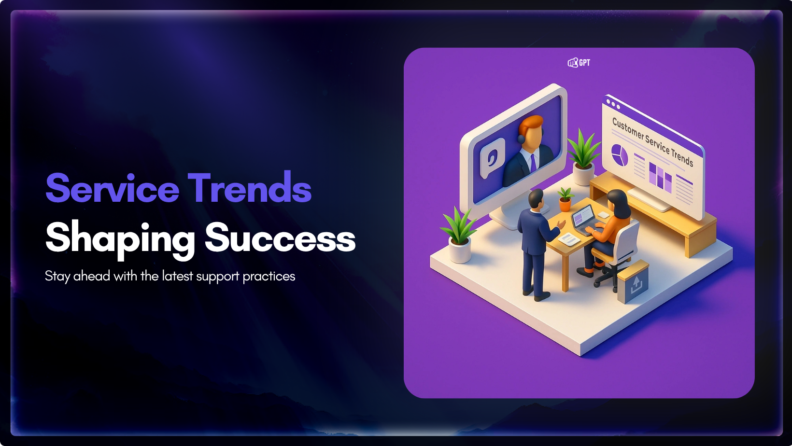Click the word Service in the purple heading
(113, 188)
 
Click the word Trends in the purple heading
(249, 187)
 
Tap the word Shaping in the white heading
(120, 239)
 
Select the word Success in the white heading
(280, 237)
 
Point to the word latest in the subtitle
(178, 276)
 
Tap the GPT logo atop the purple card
(579, 63)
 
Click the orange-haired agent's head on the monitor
(530, 133)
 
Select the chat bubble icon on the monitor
(492, 158)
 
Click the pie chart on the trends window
(620, 155)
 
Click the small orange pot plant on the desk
(565, 200)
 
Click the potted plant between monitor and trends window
(583, 157)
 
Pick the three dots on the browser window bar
(613, 104)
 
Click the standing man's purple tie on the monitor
(533, 163)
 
